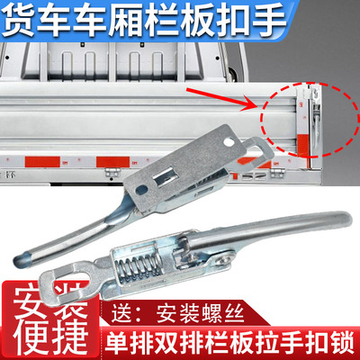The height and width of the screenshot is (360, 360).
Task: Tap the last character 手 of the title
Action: (x=335, y=20)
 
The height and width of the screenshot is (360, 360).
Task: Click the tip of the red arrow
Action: (x=256, y=104)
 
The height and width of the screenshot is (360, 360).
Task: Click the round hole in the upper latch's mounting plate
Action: (x=235, y=141)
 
